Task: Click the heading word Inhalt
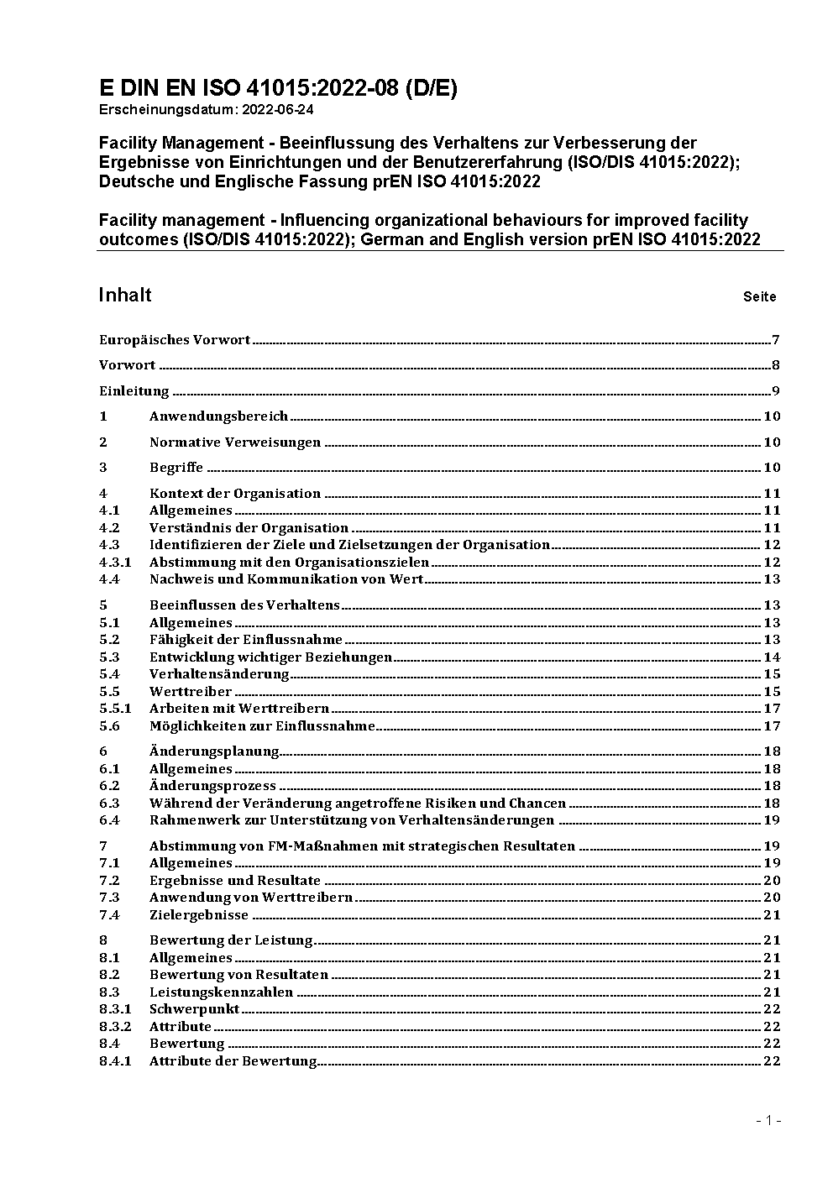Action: pos(125,295)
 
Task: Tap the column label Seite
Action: pos(759,296)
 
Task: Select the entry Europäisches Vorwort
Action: pos(175,340)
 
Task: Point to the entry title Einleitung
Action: pos(134,391)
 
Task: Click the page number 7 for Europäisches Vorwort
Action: pos(777,340)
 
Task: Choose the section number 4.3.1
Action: pos(115,563)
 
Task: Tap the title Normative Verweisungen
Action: pos(235,442)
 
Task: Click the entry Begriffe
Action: pos(176,468)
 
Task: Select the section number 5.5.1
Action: pos(115,709)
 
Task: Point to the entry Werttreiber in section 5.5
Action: pos(191,692)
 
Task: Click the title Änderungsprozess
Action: pos(212,786)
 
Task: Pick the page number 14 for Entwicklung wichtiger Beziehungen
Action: pos(772,657)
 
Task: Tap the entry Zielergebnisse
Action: pos(199,915)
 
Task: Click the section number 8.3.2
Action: pos(115,1027)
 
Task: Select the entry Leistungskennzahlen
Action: pos(222,992)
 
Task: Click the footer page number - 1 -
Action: pos(768,1120)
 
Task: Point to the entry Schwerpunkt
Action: pos(195,1009)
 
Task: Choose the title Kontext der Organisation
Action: pos(235,494)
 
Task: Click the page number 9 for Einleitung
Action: pos(777,391)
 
